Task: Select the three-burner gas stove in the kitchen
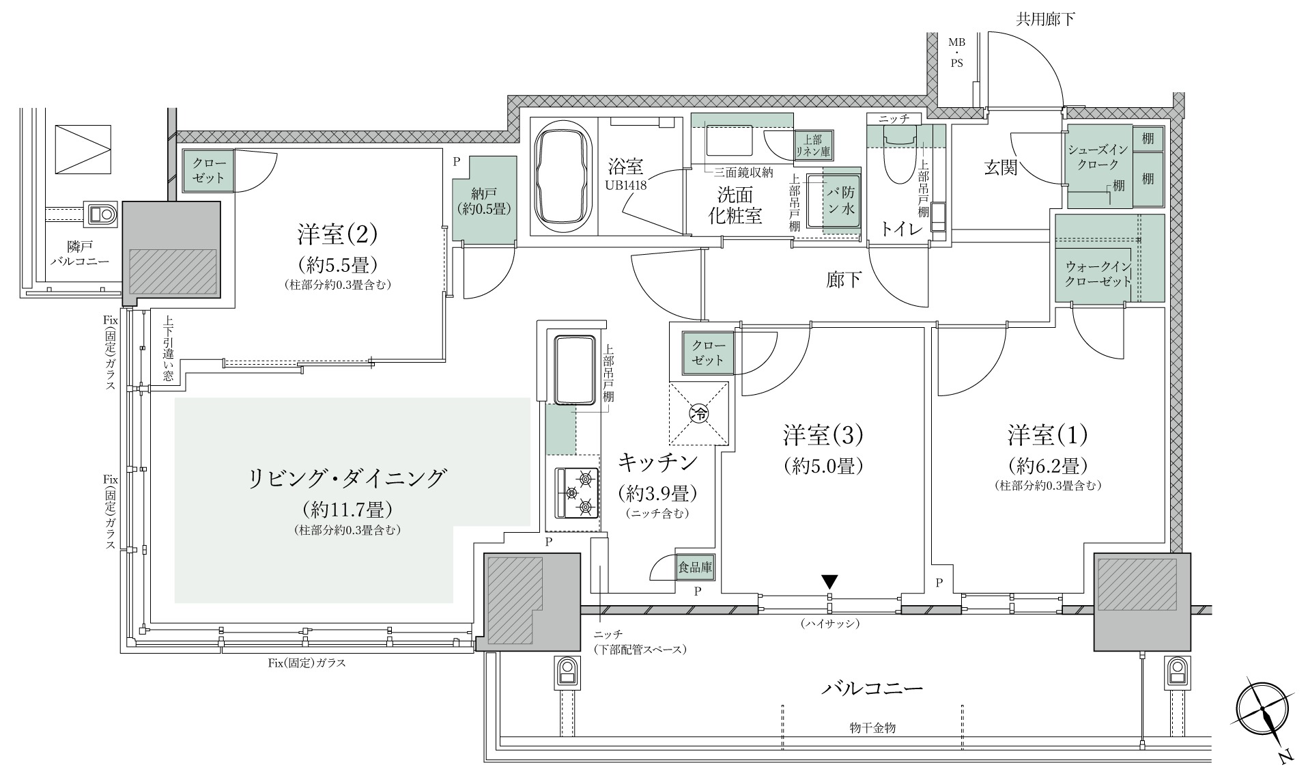click(577, 492)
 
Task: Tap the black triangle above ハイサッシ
click(829, 582)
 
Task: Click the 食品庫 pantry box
click(695, 567)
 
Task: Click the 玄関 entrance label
click(1001, 167)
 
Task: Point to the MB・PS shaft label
click(956, 53)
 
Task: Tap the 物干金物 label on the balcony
click(868, 728)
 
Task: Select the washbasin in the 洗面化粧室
click(728, 141)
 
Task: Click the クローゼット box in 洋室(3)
click(708, 352)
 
